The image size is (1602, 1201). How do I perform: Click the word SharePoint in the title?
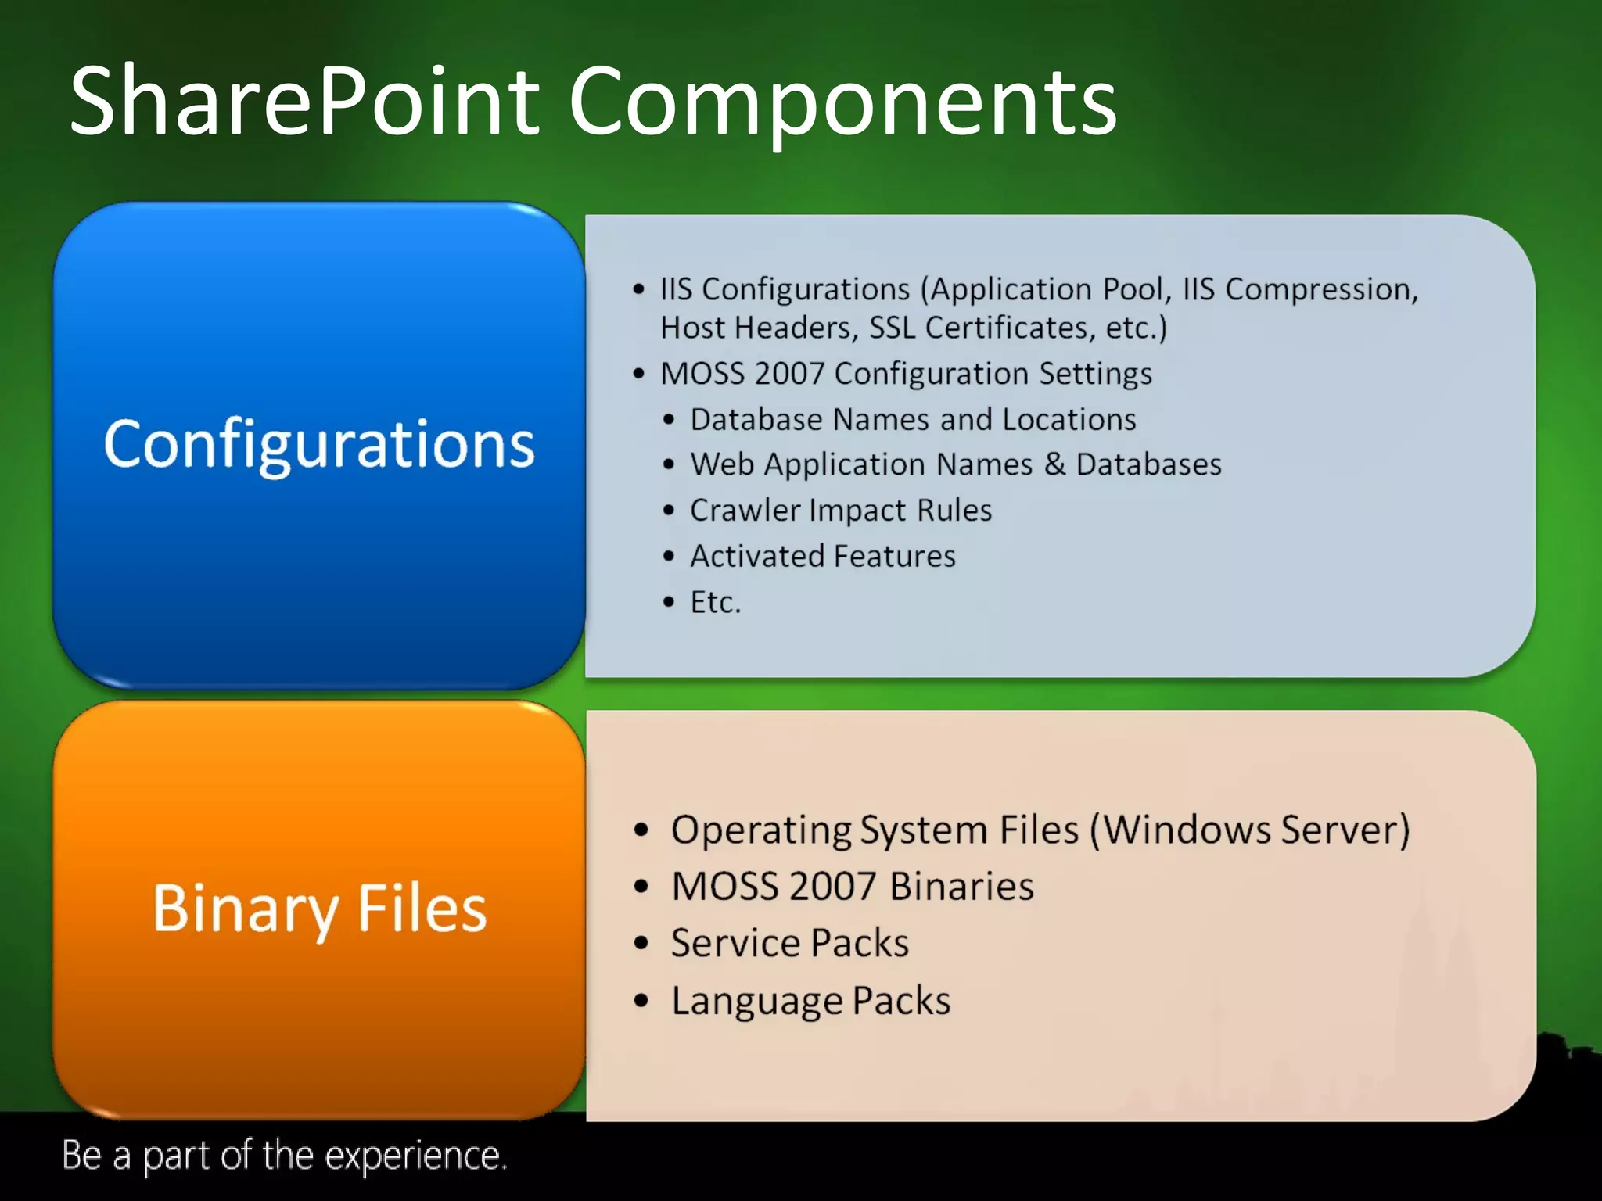point(305,102)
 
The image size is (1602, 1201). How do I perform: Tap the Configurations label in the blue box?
point(319,444)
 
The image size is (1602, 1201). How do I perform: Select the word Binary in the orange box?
point(245,909)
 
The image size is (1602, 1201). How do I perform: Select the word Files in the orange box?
point(422,909)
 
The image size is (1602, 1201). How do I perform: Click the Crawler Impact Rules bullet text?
point(840,511)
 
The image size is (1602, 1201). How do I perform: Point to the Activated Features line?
point(822,556)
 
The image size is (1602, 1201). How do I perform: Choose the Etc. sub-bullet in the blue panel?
point(715,602)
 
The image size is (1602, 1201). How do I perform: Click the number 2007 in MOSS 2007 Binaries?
point(832,887)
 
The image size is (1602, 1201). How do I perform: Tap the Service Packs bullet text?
point(789,943)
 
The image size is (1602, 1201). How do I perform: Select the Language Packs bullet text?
point(810,1001)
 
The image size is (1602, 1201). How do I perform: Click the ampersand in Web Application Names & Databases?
point(1054,464)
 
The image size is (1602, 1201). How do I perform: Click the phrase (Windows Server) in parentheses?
point(1250,830)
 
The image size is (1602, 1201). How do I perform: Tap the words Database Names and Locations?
point(913,420)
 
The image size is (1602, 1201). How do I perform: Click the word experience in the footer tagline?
point(416,1156)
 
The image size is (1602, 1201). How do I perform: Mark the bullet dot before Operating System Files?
point(641,830)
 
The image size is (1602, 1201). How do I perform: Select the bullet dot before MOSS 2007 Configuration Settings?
point(639,374)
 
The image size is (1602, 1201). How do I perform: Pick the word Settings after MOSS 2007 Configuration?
point(1095,374)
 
